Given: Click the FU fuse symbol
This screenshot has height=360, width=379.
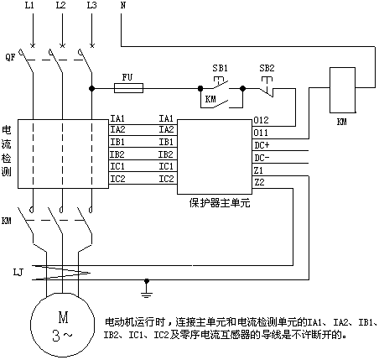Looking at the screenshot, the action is [128, 88].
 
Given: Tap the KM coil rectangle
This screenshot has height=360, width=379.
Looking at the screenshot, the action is [342, 90].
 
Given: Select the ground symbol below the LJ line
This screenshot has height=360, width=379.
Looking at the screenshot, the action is [147, 289].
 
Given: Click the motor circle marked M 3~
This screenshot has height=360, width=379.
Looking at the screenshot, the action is [63, 325].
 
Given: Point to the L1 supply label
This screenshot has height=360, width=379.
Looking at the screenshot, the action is [29, 5].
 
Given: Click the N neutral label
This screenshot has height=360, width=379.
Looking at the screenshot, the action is [122, 5].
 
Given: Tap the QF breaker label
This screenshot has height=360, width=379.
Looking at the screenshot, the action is [11, 58].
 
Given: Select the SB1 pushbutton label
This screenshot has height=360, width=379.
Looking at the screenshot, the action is [220, 68].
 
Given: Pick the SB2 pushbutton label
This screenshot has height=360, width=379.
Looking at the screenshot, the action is [267, 68].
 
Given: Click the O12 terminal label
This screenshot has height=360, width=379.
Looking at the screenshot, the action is [261, 120].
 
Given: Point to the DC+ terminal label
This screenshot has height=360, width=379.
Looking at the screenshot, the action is [262, 145].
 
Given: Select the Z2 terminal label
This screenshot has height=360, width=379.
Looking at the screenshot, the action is [259, 182].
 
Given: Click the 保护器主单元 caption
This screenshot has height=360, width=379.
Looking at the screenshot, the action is [220, 203].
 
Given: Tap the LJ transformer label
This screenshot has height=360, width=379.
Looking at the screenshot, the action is [18, 272].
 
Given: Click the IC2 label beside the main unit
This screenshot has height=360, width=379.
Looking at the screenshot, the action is [167, 179].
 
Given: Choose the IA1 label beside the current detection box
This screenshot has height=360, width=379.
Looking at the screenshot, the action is [117, 118].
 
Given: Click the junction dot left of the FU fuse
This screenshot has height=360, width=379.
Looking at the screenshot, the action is [91, 89].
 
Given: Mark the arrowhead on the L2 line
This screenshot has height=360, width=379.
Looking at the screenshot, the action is [62, 44].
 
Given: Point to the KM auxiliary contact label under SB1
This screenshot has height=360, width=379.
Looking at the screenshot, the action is [210, 99].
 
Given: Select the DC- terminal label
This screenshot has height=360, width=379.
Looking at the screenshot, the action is [262, 158].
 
